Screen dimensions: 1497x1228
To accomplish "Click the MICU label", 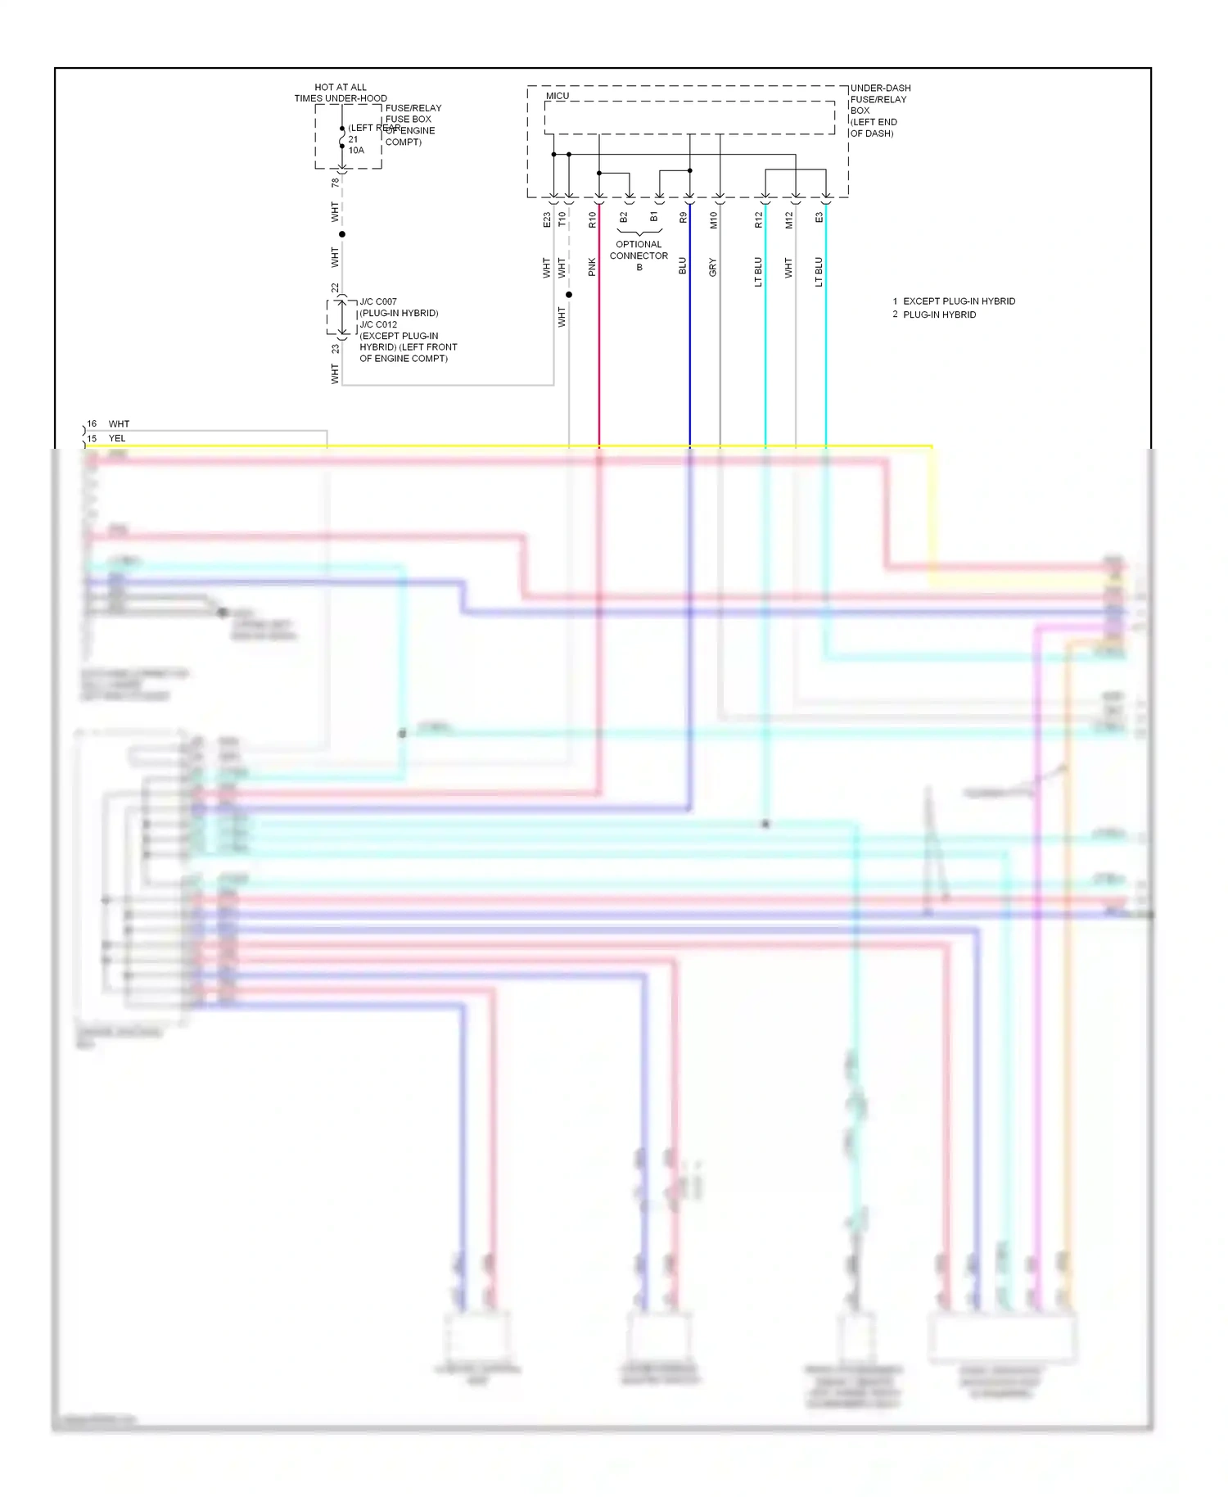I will click(x=558, y=96).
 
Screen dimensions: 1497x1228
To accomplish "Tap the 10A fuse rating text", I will click(x=356, y=151).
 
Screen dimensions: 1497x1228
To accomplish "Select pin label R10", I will click(x=592, y=219).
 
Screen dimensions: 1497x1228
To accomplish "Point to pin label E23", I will click(x=547, y=219).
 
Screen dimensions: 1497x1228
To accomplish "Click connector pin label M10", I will click(x=713, y=219).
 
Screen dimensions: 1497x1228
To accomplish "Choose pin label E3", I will click(x=819, y=218).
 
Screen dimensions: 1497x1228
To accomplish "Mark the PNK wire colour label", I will click(x=592, y=267).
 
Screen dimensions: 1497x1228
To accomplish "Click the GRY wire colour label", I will click(x=713, y=267).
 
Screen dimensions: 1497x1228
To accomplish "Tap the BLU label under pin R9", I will click(x=683, y=266).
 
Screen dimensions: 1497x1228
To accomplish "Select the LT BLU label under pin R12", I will click(x=758, y=272).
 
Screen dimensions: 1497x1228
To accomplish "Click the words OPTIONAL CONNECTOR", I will click(x=639, y=250).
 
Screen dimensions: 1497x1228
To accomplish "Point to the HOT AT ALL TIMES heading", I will click(x=341, y=93).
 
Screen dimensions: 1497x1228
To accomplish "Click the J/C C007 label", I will click(x=378, y=301).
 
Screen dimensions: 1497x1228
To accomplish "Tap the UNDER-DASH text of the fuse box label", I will click(x=880, y=88).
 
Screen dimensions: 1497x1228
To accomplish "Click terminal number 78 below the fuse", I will click(x=335, y=183).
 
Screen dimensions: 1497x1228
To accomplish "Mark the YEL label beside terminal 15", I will click(x=117, y=438).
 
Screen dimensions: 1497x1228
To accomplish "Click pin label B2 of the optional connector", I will click(x=623, y=218).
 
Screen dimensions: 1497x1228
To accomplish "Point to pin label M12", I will click(x=788, y=219).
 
